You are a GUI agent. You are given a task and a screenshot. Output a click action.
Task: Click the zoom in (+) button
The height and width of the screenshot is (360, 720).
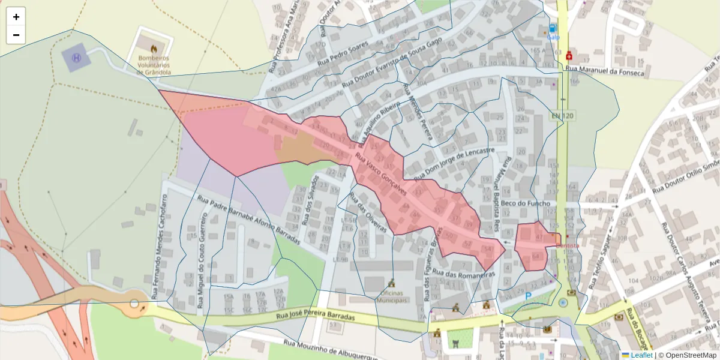[16, 17]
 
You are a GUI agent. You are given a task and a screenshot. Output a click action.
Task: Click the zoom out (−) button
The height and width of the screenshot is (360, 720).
[16, 35]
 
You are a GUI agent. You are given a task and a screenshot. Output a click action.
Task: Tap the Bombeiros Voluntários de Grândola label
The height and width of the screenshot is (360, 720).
[154, 65]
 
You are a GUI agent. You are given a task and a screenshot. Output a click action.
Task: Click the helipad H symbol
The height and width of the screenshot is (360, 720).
[76, 58]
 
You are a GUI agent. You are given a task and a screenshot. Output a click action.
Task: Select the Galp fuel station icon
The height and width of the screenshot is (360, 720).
[553, 28]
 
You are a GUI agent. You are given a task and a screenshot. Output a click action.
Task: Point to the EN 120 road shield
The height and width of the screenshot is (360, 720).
[563, 115]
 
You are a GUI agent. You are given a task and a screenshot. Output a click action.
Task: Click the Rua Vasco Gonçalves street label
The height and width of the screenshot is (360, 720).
[382, 174]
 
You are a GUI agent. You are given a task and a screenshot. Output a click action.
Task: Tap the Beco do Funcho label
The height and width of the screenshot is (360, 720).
[526, 204]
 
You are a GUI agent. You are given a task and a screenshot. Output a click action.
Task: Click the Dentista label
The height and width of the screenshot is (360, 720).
[568, 245]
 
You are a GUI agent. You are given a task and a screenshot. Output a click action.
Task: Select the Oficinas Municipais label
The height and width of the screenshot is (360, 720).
[392, 296]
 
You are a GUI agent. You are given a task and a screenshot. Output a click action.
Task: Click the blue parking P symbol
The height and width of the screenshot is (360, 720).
[528, 296]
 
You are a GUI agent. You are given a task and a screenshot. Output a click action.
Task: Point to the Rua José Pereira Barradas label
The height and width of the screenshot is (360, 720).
[316, 316]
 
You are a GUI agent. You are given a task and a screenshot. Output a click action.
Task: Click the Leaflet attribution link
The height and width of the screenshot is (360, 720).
[641, 355]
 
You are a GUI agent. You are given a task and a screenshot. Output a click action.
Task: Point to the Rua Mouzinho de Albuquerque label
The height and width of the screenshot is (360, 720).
[331, 352]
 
